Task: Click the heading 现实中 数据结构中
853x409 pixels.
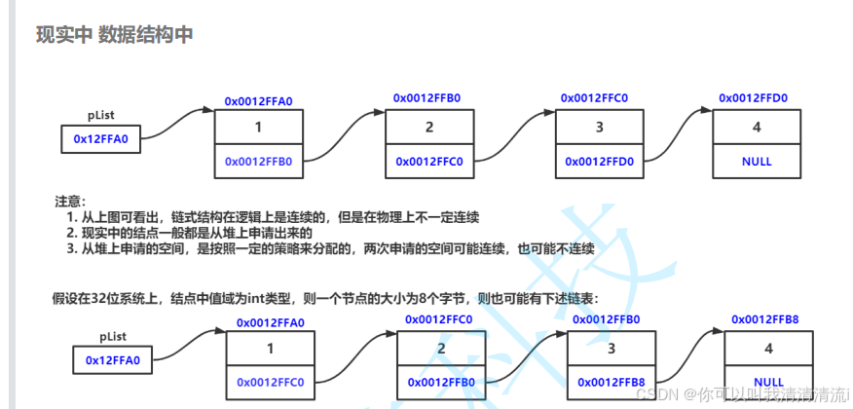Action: coord(114,35)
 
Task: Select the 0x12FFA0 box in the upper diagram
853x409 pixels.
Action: coord(101,139)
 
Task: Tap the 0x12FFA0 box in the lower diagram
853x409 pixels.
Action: coord(113,360)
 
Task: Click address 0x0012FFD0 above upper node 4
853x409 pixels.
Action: coord(753,97)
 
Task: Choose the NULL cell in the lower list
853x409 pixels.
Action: coord(768,382)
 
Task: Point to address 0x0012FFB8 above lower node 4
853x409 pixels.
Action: coord(764,319)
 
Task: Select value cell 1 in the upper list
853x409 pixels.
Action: coord(258,128)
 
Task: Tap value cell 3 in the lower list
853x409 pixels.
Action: coord(612,349)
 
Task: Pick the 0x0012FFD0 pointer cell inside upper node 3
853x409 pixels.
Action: coord(599,161)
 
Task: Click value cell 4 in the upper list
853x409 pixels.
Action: coord(756,128)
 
